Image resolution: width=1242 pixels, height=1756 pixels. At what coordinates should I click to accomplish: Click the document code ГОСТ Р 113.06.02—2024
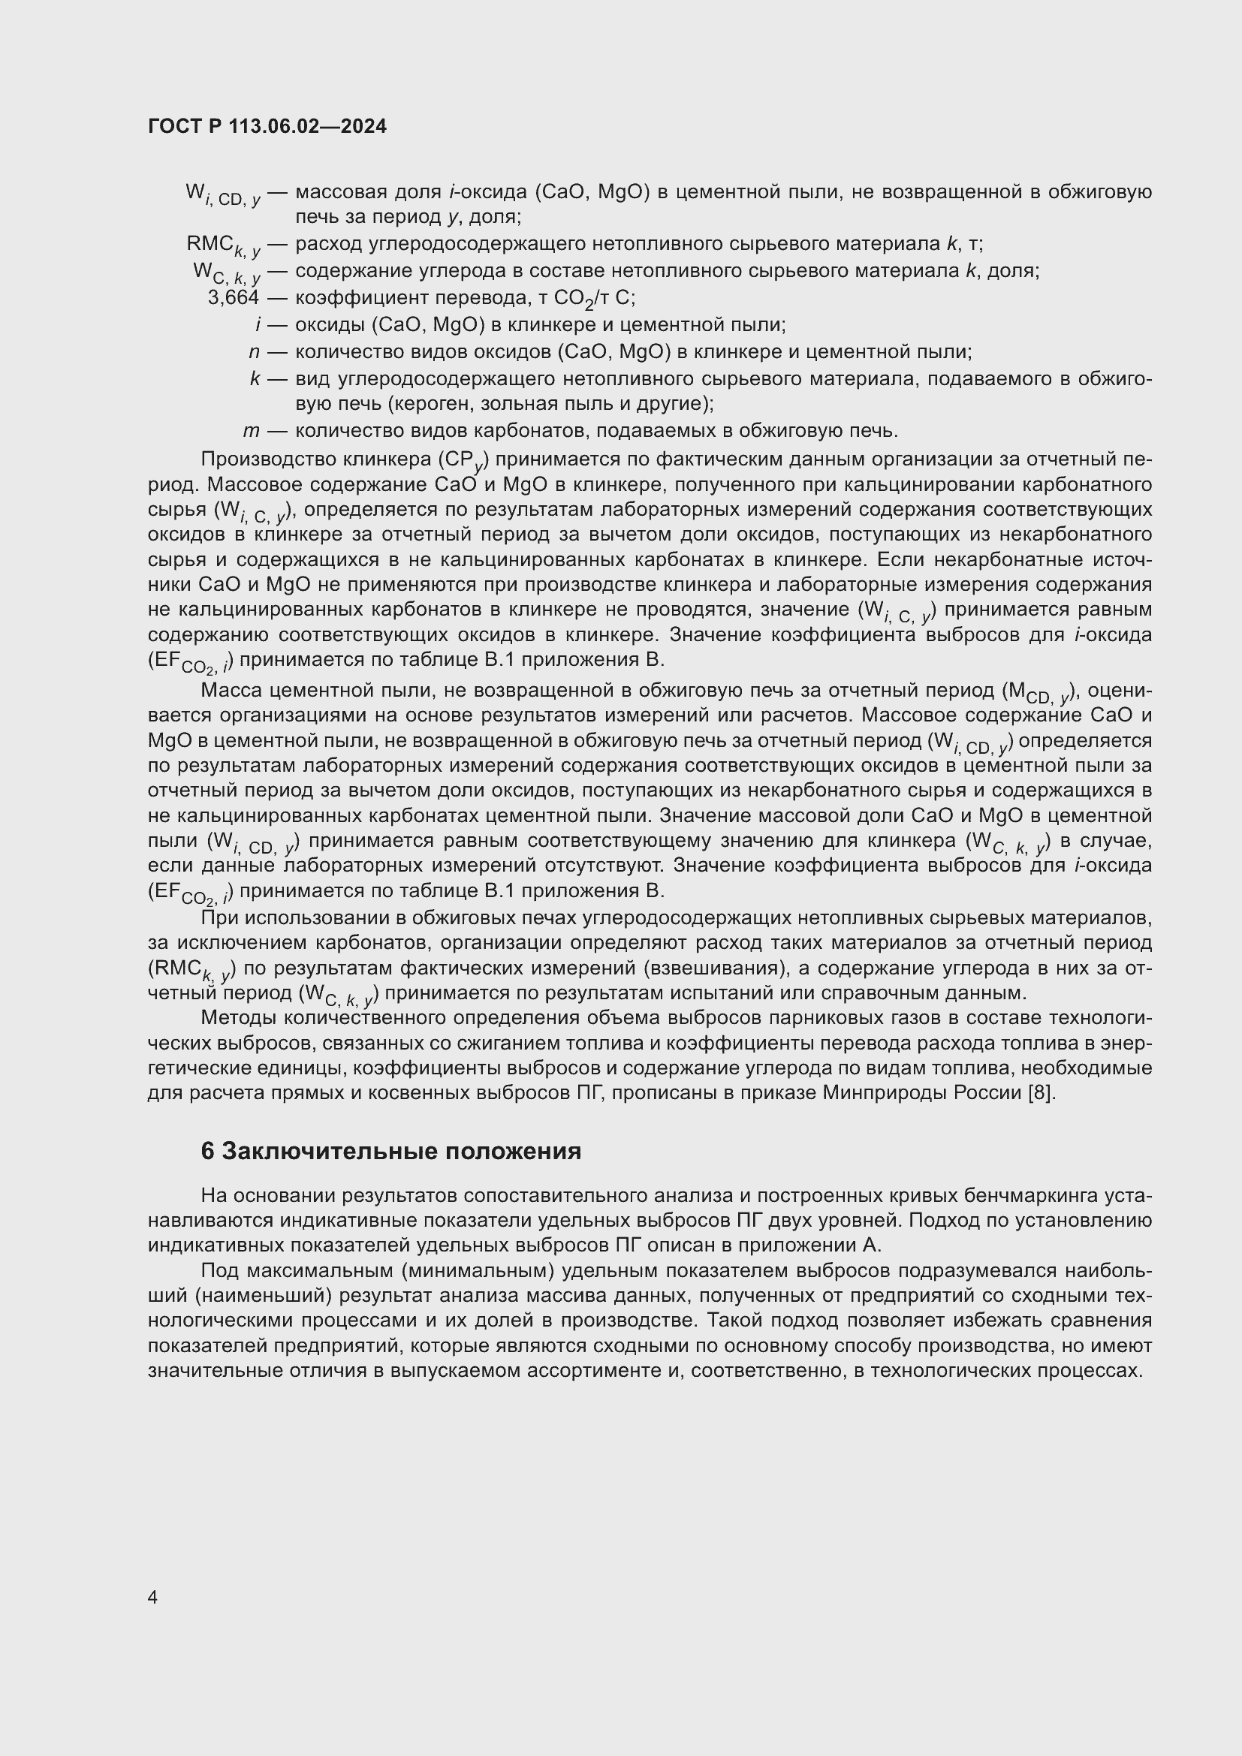(x=267, y=127)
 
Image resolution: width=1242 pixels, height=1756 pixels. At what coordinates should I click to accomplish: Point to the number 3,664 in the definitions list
(x=234, y=297)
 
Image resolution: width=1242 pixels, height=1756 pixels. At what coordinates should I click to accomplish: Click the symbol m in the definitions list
(x=251, y=431)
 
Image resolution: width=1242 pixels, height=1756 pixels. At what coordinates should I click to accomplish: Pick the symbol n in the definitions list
(x=254, y=352)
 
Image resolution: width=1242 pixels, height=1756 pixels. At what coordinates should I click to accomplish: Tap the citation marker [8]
(x=1043, y=1093)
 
